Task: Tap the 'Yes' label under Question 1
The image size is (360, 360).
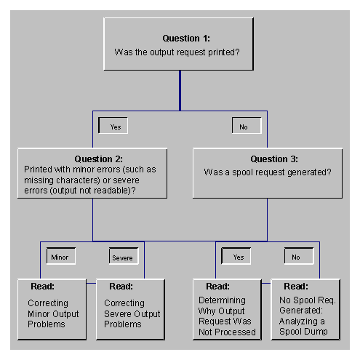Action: [x=115, y=126]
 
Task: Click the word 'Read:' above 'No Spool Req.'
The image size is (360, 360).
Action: [x=292, y=287]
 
